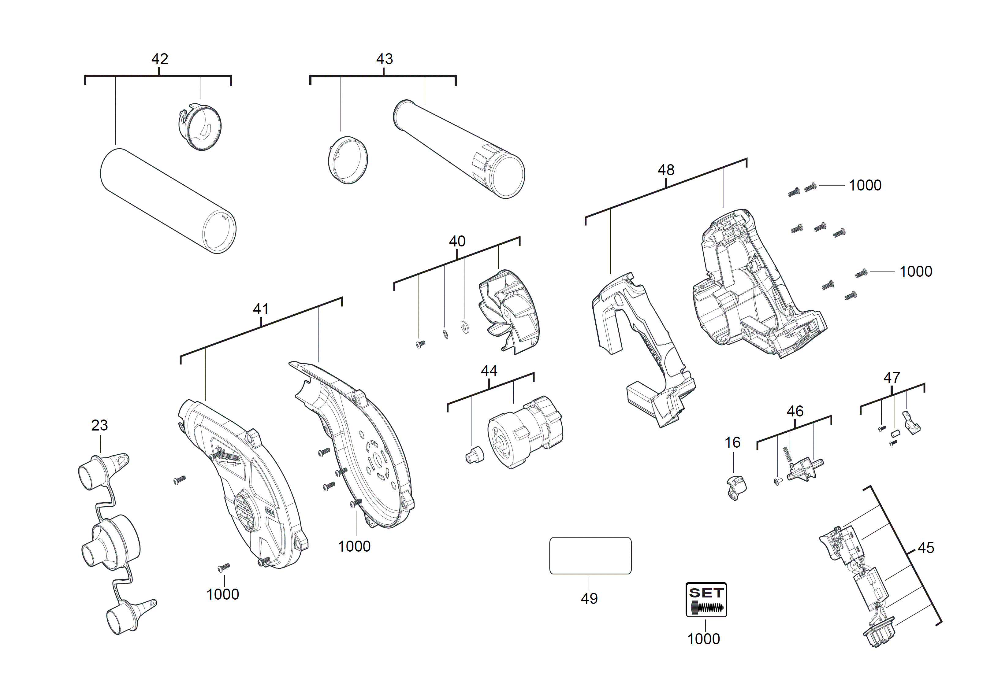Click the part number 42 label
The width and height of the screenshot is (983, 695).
pyautogui.click(x=159, y=59)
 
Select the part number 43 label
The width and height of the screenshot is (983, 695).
pyautogui.click(x=384, y=59)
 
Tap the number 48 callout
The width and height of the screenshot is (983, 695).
pyautogui.click(x=666, y=170)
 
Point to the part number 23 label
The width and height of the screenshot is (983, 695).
pyautogui.click(x=99, y=425)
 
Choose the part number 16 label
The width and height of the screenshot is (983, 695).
pyautogui.click(x=732, y=442)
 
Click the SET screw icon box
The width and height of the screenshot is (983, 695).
pyautogui.click(x=706, y=599)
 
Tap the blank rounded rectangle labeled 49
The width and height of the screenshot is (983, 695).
pyautogui.click(x=590, y=556)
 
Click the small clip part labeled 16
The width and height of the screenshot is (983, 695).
pyautogui.click(x=736, y=487)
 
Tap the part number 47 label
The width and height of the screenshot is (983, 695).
pyautogui.click(x=892, y=378)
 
